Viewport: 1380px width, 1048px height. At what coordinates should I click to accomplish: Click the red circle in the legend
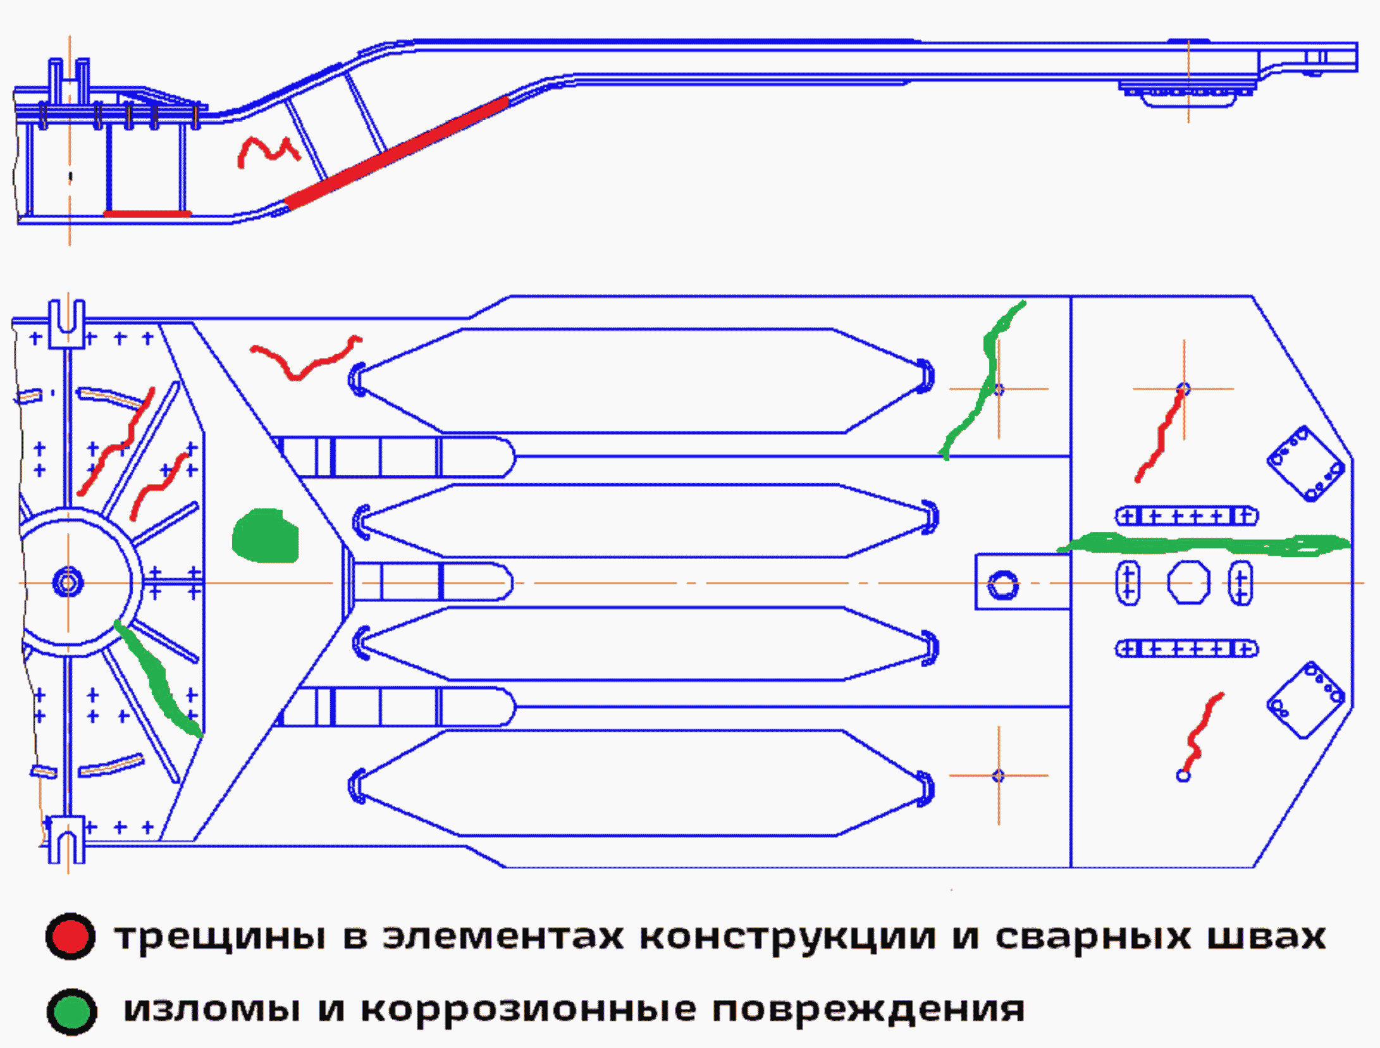[70, 937]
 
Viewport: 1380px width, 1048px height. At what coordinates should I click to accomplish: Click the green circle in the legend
[71, 1011]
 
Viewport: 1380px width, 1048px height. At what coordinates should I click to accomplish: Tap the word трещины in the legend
[221, 937]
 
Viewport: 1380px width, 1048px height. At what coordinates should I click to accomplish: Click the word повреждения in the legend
[868, 1010]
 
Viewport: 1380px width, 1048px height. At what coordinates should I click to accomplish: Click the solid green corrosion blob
[265, 536]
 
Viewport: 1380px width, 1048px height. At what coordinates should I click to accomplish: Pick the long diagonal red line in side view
[397, 152]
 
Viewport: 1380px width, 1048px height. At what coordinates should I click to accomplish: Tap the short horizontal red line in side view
[147, 214]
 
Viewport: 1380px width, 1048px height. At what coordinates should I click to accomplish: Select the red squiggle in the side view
[267, 151]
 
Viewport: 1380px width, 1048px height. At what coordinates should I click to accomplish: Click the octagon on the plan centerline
[1188, 583]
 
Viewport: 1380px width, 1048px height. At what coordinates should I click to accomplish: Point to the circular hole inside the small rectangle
[1002, 584]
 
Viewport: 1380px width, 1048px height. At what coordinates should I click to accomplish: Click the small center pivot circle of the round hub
[67, 582]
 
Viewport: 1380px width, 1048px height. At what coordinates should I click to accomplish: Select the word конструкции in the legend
[787, 937]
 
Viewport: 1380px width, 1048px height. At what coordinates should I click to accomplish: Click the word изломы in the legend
[212, 1010]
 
